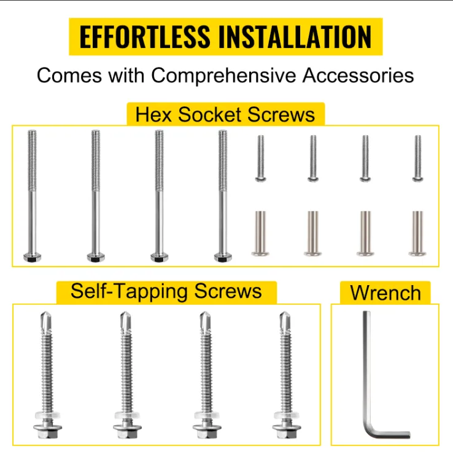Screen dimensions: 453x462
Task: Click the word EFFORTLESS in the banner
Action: (x=144, y=36)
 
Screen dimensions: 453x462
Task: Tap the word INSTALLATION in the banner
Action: (x=295, y=36)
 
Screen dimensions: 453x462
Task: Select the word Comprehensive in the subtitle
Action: (x=223, y=76)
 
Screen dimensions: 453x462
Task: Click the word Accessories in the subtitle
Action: (x=358, y=76)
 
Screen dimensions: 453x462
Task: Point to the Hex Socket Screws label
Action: (x=225, y=114)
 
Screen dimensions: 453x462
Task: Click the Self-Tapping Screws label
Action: (x=166, y=291)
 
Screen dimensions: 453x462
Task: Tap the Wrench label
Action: (x=385, y=293)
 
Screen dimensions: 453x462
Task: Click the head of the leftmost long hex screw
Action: (x=33, y=257)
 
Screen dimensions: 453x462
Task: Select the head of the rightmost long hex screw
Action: (x=223, y=257)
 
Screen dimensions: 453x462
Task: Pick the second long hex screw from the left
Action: (x=96, y=195)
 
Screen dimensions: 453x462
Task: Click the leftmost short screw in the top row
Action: (x=260, y=159)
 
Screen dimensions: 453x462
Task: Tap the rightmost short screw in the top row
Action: (x=417, y=159)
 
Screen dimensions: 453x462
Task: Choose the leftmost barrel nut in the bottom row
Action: (x=260, y=233)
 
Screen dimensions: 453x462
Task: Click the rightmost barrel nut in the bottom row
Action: (x=417, y=233)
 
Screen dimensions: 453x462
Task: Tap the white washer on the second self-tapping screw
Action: (x=128, y=415)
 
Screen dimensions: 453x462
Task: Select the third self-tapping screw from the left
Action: (x=207, y=375)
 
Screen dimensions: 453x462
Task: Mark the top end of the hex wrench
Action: (x=366, y=311)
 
